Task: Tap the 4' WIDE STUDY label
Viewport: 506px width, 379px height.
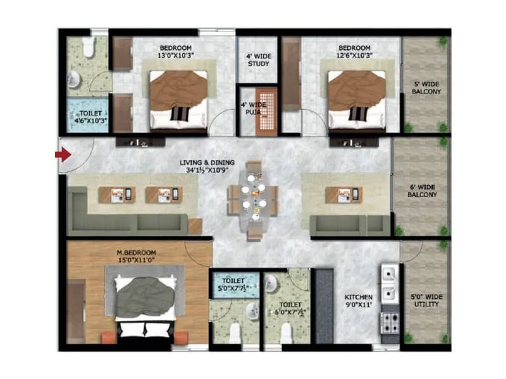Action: point(258,60)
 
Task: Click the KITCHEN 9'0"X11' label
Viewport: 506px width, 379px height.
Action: point(359,301)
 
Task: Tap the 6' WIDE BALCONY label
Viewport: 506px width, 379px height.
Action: point(423,191)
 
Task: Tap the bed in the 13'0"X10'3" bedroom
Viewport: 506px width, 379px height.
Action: point(178,98)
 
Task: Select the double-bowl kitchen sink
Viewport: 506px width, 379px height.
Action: point(388,277)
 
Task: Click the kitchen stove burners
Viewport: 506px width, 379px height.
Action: point(388,319)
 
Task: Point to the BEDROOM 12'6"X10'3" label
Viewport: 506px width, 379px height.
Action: point(354,52)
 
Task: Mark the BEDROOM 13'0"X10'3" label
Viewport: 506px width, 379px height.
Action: point(176,52)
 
